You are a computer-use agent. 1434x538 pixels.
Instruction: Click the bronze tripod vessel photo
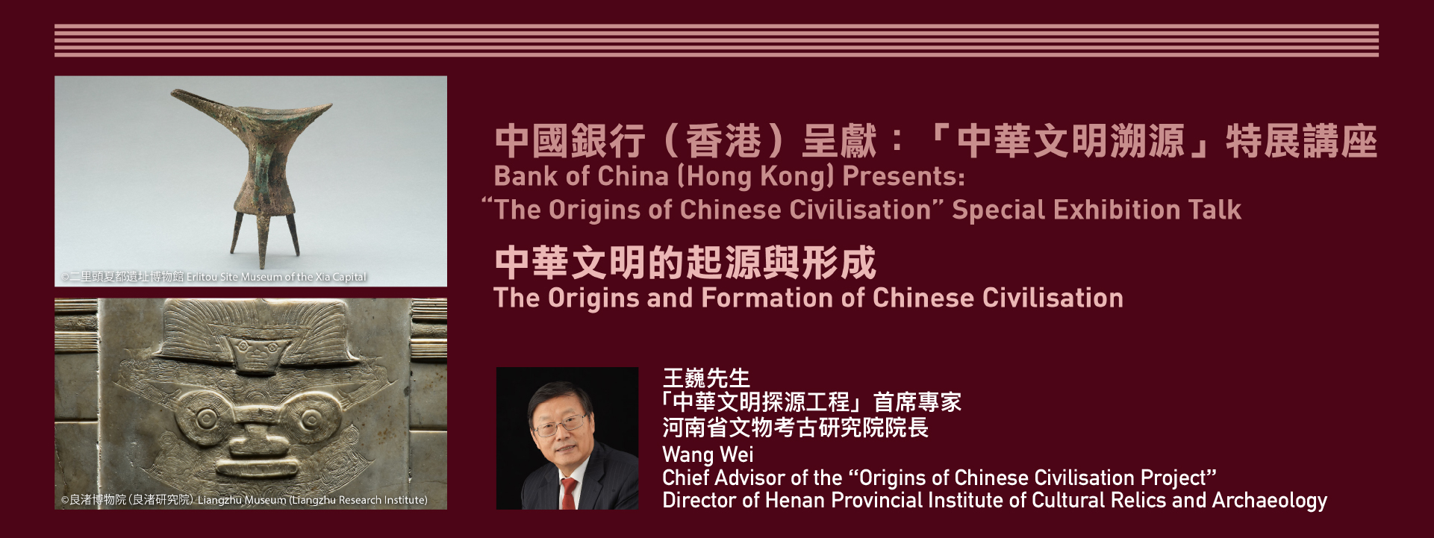tap(251, 181)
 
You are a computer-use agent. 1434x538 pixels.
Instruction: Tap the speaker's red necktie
tap(569, 493)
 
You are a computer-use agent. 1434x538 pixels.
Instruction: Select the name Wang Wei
tap(708, 454)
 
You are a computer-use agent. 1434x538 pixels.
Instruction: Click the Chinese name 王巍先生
tap(706, 378)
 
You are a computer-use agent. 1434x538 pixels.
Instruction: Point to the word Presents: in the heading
tap(903, 177)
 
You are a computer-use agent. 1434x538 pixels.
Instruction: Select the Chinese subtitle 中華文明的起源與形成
tap(685, 263)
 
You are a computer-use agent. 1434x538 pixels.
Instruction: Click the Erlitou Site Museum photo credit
tap(213, 277)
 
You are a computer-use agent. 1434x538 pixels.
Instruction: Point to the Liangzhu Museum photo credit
tap(244, 500)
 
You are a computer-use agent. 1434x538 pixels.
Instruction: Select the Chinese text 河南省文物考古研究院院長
tap(795, 428)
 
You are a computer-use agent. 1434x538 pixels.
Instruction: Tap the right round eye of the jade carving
tap(308, 418)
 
